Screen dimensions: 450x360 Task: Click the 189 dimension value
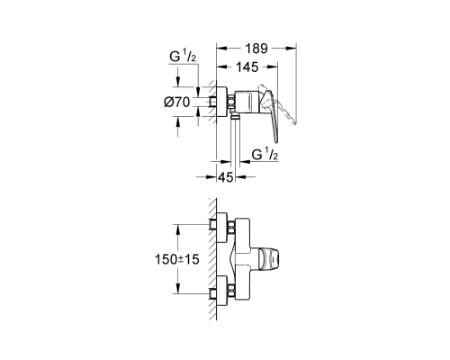[x=256, y=48]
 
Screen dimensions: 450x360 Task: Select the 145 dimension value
[x=247, y=67]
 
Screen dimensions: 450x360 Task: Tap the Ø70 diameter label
[x=177, y=103]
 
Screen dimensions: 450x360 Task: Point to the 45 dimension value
[x=225, y=177]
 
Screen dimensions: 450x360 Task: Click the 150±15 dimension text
[x=177, y=259]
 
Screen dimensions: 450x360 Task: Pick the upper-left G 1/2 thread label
[x=183, y=57]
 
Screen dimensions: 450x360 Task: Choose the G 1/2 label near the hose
[x=265, y=155]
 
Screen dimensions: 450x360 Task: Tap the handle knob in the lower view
[x=269, y=257]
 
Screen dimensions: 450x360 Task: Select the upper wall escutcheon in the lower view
[x=222, y=228]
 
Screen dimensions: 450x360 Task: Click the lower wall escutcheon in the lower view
[x=222, y=291]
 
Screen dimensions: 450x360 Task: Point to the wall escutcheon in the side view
[x=222, y=102]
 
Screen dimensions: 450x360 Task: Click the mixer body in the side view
[x=247, y=103]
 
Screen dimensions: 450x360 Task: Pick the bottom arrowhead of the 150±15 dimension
[x=178, y=289]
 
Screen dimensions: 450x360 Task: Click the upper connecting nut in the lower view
[x=231, y=228]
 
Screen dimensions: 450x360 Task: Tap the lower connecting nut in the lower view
[x=231, y=291]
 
